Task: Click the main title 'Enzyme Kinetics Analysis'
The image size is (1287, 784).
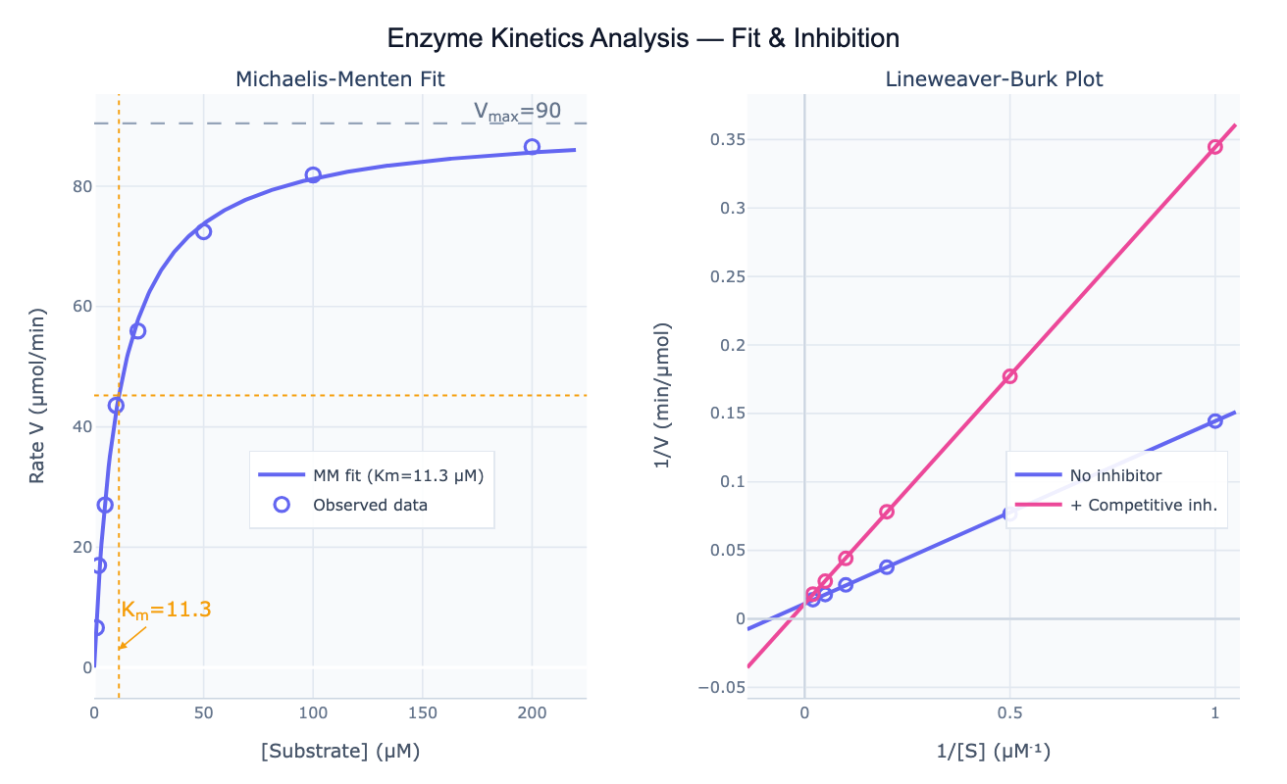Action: [x=643, y=38]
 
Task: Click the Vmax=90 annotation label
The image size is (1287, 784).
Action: [x=517, y=112]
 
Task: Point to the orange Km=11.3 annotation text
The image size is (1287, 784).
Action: [x=166, y=610]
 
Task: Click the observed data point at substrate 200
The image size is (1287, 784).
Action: [x=532, y=147]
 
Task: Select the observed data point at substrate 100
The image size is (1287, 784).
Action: [x=313, y=175]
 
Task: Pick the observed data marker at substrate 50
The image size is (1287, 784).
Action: [x=203, y=231]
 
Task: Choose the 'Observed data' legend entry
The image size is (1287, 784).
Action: [x=370, y=505]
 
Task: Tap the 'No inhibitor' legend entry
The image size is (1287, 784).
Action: [x=1115, y=476]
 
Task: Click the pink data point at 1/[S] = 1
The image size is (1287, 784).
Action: [x=1214, y=147]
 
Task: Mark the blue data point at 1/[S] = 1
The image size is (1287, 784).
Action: [x=1214, y=420]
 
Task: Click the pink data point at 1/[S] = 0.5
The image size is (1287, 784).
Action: [x=1009, y=376]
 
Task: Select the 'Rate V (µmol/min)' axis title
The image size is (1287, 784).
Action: [x=37, y=396]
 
